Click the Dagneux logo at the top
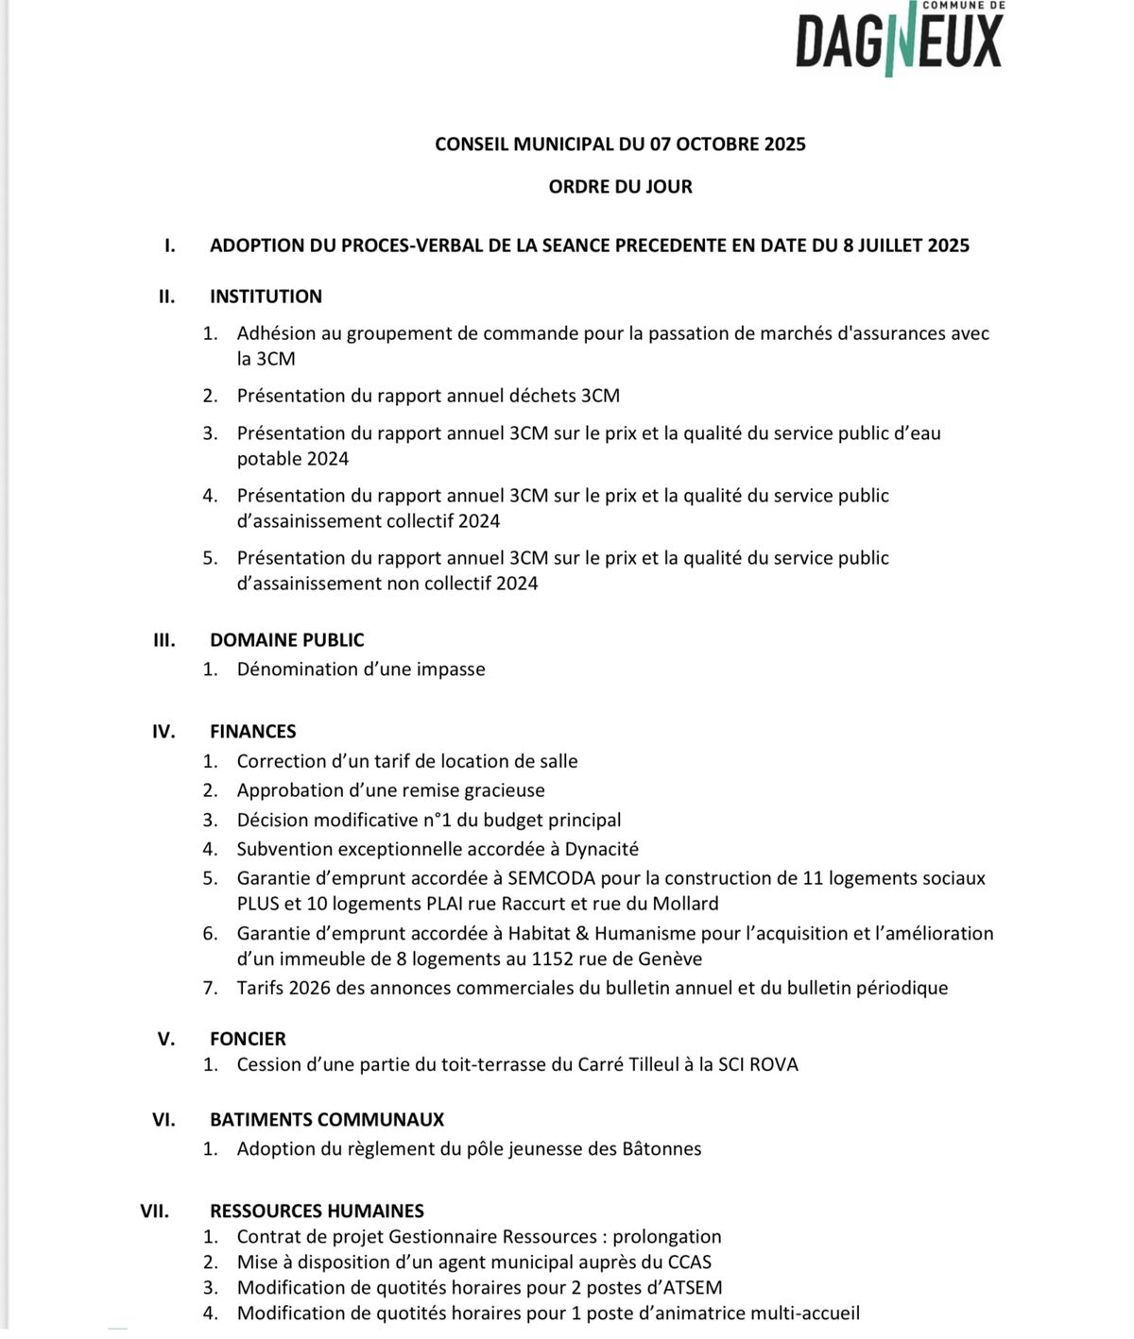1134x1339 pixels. click(899, 39)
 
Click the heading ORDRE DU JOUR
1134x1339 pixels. click(620, 187)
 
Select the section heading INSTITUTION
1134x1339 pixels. click(266, 297)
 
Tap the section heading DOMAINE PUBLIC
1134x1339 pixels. click(286, 640)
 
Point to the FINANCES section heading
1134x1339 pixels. click(252, 732)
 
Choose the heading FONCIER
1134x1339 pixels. click(248, 1039)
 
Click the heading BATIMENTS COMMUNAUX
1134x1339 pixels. click(326, 1120)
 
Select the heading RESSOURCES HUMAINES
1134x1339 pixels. click(317, 1212)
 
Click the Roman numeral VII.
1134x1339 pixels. click(155, 1212)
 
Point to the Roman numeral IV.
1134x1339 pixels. click(163, 732)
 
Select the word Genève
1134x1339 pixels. click(669, 959)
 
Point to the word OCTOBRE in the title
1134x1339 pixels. click(705, 144)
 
